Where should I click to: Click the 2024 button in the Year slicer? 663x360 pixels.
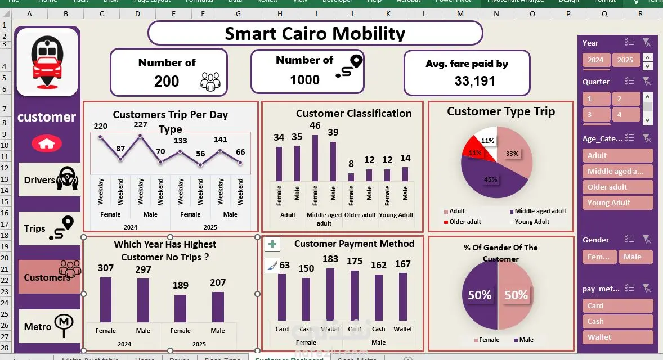(x=595, y=60)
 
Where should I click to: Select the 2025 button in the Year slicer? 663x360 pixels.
(x=625, y=60)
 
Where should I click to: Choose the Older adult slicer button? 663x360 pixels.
(x=617, y=187)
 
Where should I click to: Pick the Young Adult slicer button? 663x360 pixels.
(x=617, y=202)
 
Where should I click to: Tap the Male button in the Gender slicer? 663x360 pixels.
(x=635, y=256)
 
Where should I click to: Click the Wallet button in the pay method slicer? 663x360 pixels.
(x=617, y=337)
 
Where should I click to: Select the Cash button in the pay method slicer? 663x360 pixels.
(x=617, y=321)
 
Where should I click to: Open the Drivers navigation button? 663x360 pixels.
(x=50, y=180)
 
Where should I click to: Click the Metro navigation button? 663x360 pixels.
(x=50, y=326)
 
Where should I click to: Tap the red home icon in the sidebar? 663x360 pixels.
(x=47, y=143)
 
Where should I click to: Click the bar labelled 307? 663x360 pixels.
(x=106, y=299)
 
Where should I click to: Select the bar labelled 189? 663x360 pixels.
(x=180, y=308)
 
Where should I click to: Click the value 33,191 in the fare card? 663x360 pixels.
(x=474, y=81)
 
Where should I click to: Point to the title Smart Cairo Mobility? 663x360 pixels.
(x=315, y=34)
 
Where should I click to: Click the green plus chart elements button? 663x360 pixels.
(x=272, y=244)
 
